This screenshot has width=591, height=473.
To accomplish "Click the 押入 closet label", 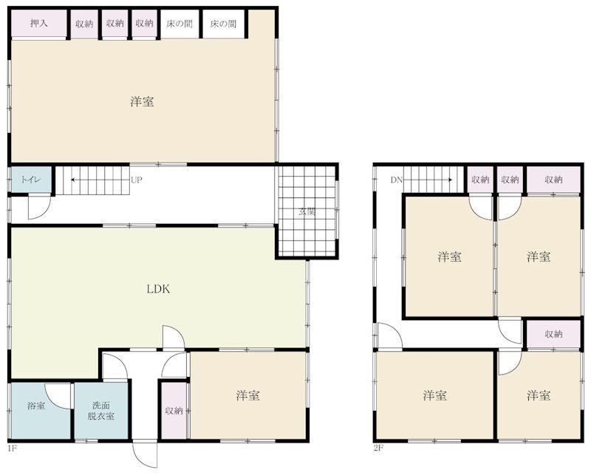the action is (x=39, y=23).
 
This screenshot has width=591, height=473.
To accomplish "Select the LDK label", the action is (x=158, y=289).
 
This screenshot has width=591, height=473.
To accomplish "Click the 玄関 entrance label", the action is (x=307, y=211).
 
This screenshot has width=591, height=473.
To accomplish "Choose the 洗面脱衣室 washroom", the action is (x=101, y=411).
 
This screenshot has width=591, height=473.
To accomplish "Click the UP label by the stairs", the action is (x=137, y=180).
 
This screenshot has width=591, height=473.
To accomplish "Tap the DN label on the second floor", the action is (x=397, y=180).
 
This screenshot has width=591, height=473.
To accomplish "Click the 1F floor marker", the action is (x=12, y=449).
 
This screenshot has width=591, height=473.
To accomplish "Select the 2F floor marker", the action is (x=378, y=449).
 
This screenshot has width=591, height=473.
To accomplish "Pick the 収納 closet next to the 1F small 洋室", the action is (x=174, y=411).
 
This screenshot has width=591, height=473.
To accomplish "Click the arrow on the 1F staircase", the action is (x=100, y=180).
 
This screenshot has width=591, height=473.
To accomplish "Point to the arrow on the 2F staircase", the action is (x=428, y=180).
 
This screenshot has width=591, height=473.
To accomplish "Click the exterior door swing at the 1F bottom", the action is (x=144, y=455).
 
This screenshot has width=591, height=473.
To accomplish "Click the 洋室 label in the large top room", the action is (x=142, y=101).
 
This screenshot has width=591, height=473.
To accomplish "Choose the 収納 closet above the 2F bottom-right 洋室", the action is (x=553, y=334).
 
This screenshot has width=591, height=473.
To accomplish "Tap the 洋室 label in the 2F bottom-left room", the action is (x=435, y=395).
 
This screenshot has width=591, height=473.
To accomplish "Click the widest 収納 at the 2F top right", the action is (x=553, y=180).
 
